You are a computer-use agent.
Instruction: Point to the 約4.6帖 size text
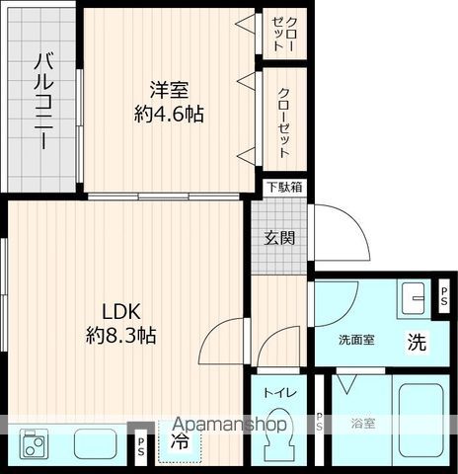[169, 114]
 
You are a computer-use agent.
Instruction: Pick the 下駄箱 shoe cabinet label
[284, 186]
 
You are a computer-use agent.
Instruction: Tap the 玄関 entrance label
[279, 237]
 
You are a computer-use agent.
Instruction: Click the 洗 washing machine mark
[418, 345]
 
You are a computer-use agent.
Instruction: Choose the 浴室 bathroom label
[362, 424]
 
